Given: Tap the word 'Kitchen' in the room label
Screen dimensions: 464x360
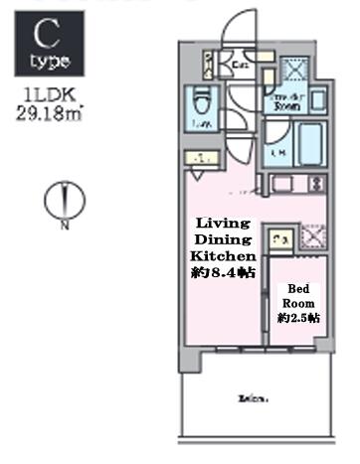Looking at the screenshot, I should (225, 255).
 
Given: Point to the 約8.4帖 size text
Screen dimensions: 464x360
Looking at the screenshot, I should (225, 272).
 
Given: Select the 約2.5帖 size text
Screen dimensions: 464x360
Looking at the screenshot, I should (298, 318).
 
